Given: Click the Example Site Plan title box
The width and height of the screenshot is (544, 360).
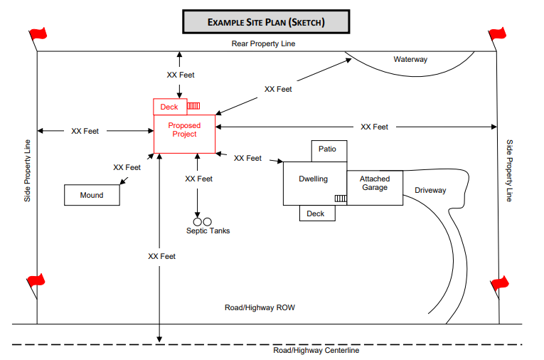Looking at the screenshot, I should click(x=266, y=22).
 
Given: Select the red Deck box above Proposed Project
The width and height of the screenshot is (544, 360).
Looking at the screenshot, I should click(x=169, y=107).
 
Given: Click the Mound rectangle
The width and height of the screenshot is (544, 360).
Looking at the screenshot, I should click(x=92, y=195).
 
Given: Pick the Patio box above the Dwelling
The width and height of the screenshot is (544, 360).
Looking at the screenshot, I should click(x=329, y=150).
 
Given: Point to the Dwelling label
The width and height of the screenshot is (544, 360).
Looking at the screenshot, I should click(x=313, y=179).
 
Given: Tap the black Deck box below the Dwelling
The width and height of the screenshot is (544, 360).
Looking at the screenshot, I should click(x=316, y=213).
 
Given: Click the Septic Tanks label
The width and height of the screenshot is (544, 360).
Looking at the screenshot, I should click(x=208, y=231).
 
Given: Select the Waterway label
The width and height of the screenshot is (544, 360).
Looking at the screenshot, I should click(x=410, y=59).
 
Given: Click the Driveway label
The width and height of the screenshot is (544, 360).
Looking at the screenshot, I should click(x=430, y=190).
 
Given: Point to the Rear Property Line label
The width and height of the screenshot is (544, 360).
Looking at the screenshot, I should click(x=263, y=43).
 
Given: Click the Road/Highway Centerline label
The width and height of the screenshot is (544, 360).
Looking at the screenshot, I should click(x=316, y=350).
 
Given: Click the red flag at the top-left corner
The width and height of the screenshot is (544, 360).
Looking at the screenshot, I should click(x=37, y=33).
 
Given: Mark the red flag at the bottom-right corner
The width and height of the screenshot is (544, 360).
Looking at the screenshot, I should click(x=500, y=282).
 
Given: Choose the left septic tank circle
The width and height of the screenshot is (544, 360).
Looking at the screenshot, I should click(x=198, y=221).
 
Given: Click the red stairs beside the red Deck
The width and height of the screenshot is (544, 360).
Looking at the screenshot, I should click(x=193, y=106).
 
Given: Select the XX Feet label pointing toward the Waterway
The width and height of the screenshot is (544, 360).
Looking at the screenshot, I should click(x=278, y=89).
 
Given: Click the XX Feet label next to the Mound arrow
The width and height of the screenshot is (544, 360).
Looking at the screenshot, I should click(x=127, y=167).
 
